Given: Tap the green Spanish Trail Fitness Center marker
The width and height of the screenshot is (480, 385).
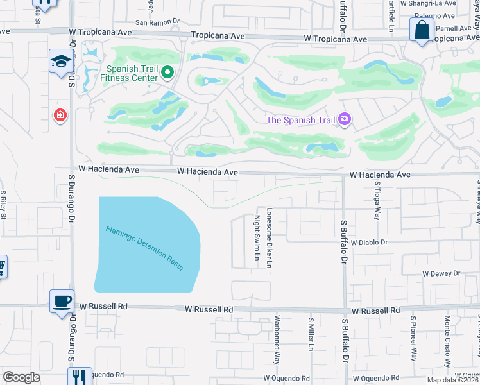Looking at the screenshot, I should tap(168, 73).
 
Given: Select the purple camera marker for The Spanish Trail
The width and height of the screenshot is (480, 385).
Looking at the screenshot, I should tap(345, 119).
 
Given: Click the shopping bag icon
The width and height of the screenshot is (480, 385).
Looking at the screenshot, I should tap(422, 30).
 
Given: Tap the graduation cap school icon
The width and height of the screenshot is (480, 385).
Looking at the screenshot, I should tap(61, 62).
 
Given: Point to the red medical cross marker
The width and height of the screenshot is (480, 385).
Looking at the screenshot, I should tap(60, 115).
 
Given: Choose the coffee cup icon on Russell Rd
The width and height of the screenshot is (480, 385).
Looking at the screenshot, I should tap(62, 301).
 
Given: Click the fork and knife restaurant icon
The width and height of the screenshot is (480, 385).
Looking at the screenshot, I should tap(79, 376).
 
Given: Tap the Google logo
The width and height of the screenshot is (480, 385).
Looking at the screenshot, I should tap(21, 377).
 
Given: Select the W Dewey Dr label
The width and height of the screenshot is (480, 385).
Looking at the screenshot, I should tap(441, 273).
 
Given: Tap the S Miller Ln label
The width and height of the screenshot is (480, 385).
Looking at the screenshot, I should tap(311, 334).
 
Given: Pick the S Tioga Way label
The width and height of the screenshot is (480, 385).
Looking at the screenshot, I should tap(377, 200).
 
